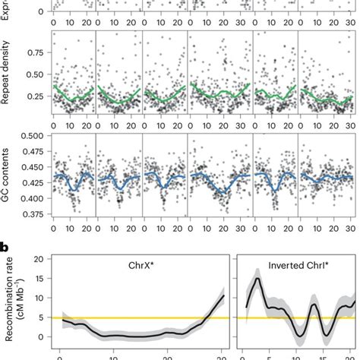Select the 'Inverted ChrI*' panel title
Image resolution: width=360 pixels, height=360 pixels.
tap(296, 267)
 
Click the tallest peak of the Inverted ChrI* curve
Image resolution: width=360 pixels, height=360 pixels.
tap(258, 279)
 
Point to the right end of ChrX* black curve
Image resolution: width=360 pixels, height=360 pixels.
tap(224, 295)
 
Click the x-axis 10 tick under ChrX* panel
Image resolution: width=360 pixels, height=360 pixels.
tap(112, 353)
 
